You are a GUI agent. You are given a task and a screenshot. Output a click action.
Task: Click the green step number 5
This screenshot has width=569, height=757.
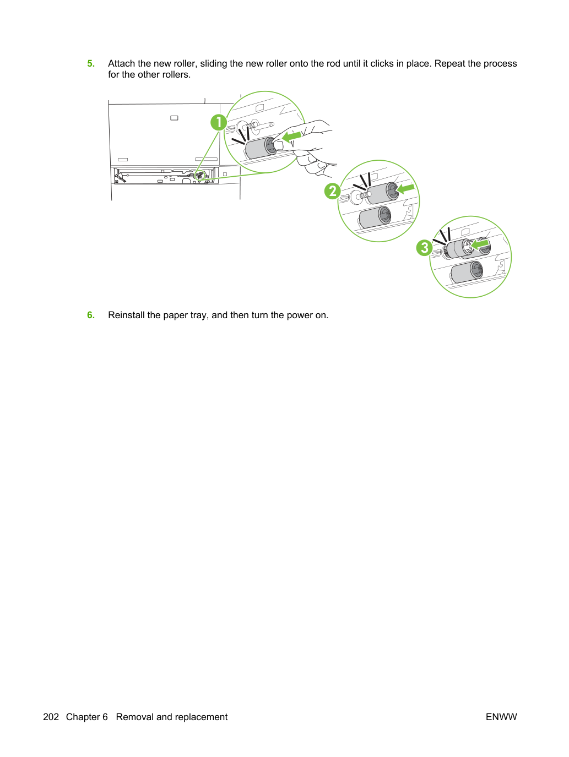pyautogui.click(x=91, y=63)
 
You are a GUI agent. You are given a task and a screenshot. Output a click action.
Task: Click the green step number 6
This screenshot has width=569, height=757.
pyautogui.click(x=91, y=315)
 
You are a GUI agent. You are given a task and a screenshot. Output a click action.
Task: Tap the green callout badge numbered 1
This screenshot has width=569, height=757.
pyautogui.click(x=219, y=122)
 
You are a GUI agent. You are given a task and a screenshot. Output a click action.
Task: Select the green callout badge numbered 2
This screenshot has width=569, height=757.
pyautogui.click(x=332, y=191)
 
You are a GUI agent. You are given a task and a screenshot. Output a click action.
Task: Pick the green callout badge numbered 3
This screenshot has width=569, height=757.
pyautogui.click(x=425, y=248)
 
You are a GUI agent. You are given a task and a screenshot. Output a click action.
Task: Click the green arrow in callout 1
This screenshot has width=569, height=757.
pyautogui.click(x=291, y=136)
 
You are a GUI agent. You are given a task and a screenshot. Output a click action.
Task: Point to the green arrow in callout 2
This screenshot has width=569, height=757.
pyautogui.click(x=405, y=189)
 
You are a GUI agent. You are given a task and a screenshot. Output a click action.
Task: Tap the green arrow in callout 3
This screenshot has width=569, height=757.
pyautogui.click(x=480, y=244)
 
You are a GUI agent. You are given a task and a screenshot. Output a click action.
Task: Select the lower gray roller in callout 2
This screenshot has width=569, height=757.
pyautogui.click(x=375, y=217)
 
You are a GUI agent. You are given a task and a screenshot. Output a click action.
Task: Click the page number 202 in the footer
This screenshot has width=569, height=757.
pyautogui.click(x=51, y=717)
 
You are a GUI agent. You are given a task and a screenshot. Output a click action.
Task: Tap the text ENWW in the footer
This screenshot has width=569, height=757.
pyautogui.click(x=501, y=717)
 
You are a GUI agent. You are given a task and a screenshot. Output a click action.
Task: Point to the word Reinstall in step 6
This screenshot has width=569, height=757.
pyautogui.click(x=126, y=315)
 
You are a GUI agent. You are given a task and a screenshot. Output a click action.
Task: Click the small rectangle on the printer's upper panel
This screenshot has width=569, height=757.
pyautogui.click(x=174, y=118)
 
